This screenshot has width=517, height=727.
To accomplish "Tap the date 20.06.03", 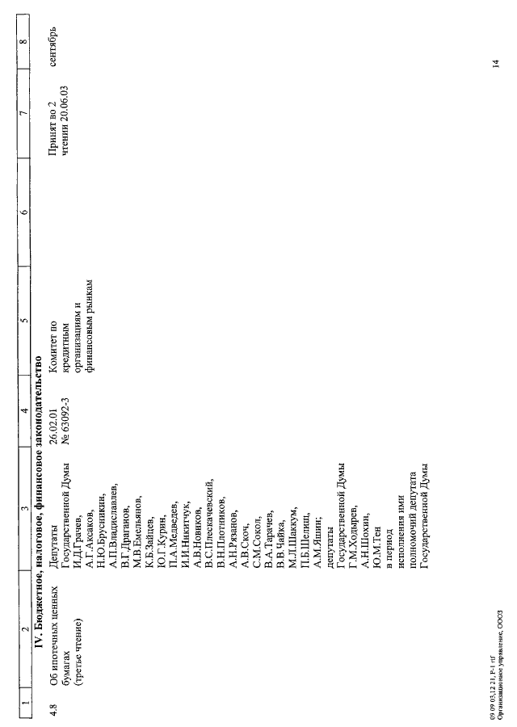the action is coord(65,103).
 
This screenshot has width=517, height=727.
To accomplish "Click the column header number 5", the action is coord(24,320).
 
